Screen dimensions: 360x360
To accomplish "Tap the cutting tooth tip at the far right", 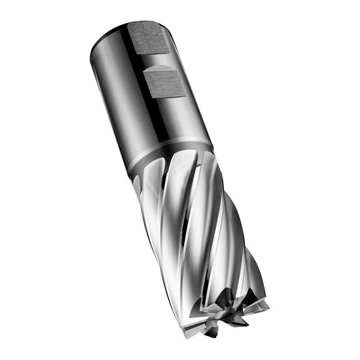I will (x=268, y=305).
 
